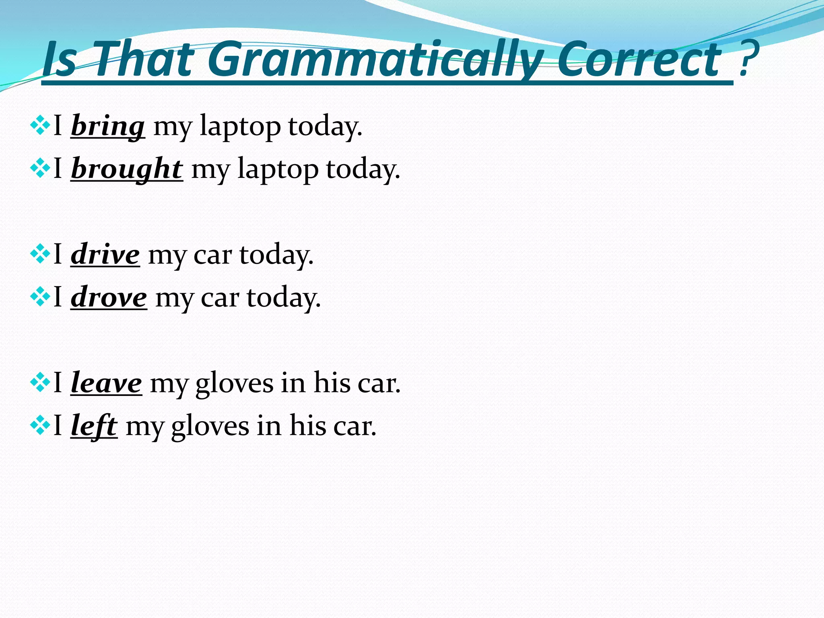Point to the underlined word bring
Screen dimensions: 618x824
click(107, 127)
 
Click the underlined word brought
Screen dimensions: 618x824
click(127, 169)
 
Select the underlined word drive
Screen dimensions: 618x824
click(105, 255)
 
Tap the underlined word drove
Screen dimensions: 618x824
click(109, 298)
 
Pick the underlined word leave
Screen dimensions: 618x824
click(106, 383)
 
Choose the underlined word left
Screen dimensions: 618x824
click(94, 426)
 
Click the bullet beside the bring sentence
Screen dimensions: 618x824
click(40, 126)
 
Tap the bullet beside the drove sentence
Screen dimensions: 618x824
click(40, 297)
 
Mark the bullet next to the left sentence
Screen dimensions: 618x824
click(40, 425)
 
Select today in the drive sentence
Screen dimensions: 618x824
click(276, 256)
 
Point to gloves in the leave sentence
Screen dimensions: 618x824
click(235, 385)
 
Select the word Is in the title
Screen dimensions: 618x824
click(60, 60)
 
